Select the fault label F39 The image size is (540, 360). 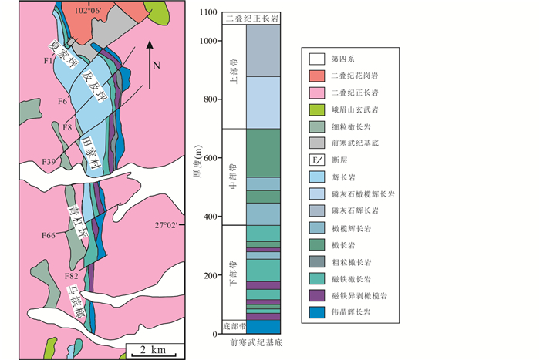click(x=53, y=161)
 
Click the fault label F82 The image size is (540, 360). click(x=72, y=276)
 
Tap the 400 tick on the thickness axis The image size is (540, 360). click(x=208, y=217)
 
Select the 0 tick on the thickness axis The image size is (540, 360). click(x=214, y=334)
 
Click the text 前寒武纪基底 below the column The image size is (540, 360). click(x=255, y=343)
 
